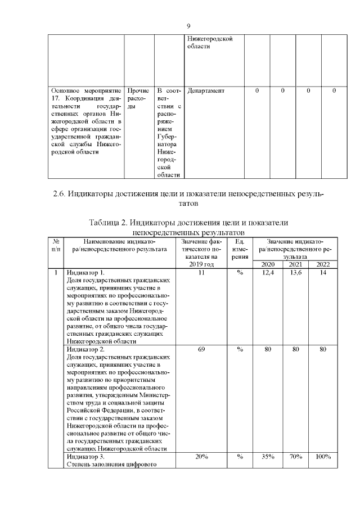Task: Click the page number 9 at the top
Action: click(188, 26)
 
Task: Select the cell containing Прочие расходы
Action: click(138, 98)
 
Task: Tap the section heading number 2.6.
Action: click(59, 195)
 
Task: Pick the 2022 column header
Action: click(323, 264)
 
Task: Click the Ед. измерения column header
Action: click(240, 249)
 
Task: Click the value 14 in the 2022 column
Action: click(323, 273)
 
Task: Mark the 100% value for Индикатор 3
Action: click(323, 457)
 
